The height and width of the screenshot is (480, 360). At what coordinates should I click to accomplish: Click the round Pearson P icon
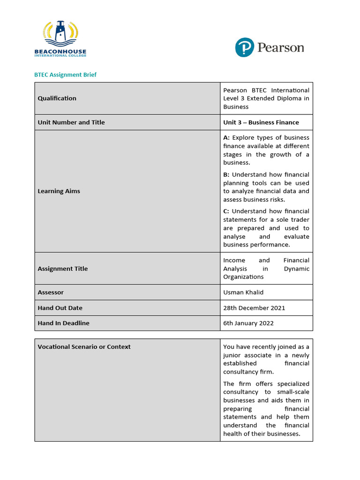244,47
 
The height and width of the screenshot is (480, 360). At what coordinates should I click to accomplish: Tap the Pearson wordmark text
280,47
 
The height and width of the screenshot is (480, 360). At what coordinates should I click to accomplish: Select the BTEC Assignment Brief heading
66,75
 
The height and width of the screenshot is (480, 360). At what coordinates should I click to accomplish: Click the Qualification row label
57,98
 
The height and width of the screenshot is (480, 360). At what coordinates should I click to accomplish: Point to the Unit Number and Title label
71,122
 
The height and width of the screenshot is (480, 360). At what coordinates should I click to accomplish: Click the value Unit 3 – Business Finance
261,122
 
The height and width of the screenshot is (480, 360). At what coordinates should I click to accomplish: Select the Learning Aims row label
59,191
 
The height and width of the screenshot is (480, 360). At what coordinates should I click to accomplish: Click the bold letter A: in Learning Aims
226,138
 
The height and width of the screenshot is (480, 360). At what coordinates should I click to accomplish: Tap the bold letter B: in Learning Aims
226,175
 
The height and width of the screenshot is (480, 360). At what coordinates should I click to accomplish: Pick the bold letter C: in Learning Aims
226,211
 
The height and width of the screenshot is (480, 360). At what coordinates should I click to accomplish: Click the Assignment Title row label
62,269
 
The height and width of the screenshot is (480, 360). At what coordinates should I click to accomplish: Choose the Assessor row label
51,292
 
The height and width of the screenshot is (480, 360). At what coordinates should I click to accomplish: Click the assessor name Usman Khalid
243,292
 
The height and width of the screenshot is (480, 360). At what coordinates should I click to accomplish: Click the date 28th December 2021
254,308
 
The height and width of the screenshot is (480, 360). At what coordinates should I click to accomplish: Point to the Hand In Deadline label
63,323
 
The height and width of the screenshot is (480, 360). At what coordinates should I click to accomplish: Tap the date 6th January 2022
248,323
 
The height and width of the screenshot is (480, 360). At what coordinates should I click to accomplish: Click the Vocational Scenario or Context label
84,347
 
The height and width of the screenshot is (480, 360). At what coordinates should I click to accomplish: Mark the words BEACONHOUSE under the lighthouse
60,52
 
